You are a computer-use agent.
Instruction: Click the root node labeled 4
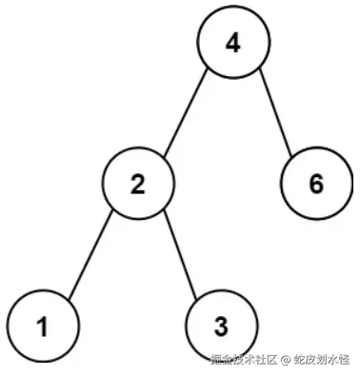tap(233, 45)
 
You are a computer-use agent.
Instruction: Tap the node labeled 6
tap(316, 183)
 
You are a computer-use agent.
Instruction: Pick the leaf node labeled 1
tap(42, 327)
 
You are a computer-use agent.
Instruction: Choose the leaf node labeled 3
tap(220, 327)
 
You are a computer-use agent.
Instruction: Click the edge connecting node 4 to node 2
tap(186, 112)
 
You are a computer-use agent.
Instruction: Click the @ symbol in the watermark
tap(283, 360)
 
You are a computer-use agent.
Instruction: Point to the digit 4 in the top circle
tap(233, 45)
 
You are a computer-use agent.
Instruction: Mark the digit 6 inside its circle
tap(316, 183)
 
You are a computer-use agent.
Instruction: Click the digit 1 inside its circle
tap(42, 327)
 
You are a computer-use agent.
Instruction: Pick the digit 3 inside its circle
tap(220, 327)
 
